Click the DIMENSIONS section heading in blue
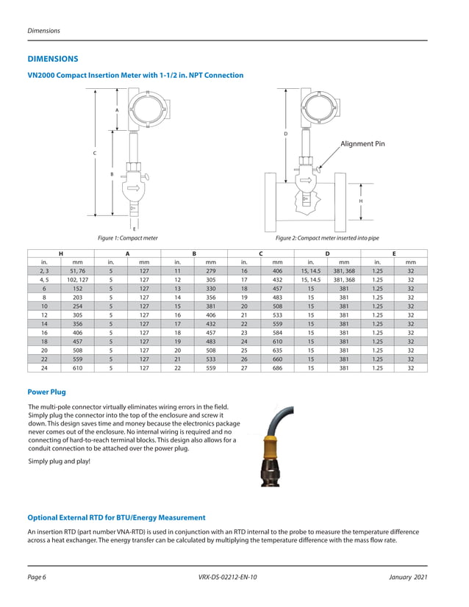(x=52, y=58)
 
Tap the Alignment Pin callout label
(x=362, y=144)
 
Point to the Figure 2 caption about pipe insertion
(x=326, y=238)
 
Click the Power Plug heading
(x=46, y=392)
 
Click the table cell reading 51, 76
(x=77, y=270)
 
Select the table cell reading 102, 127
(x=77, y=280)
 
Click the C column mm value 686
(x=278, y=368)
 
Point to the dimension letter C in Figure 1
(x=94, y=153)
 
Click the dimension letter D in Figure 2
(x=285, y=134)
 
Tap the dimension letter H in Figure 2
(x=360, y=201)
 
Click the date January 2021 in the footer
(x=407, y=577)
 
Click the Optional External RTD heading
(x=116, y=518)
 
